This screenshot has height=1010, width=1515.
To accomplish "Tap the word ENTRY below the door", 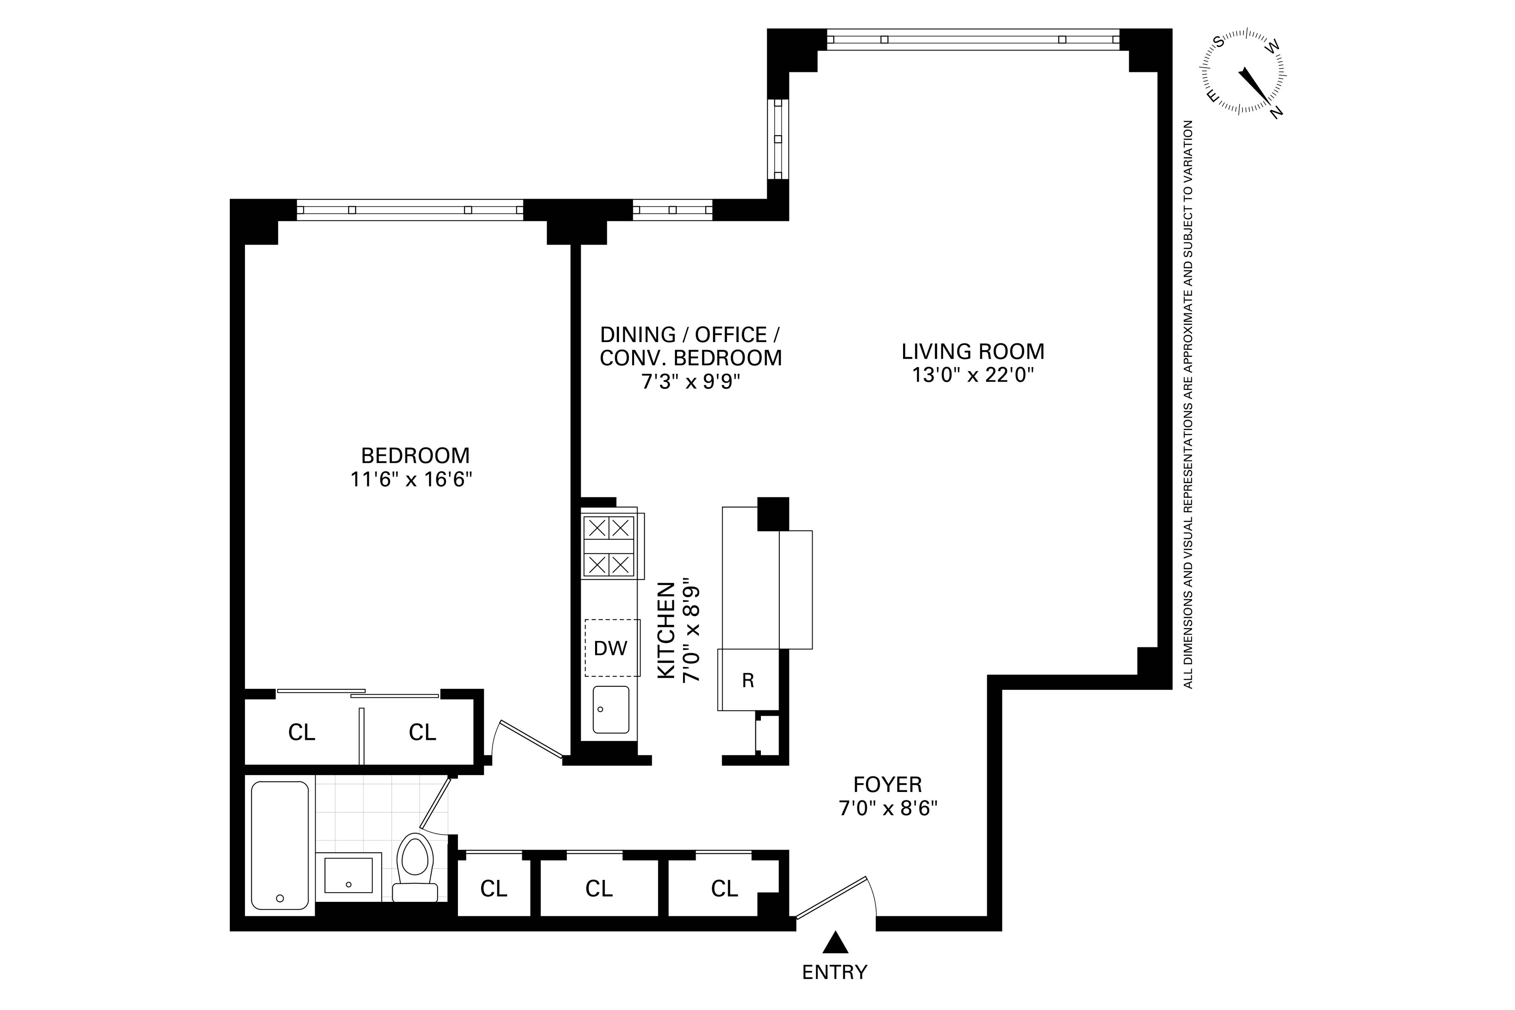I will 835,972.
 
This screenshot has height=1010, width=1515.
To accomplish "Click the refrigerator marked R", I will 748,680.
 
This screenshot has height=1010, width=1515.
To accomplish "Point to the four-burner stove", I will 609,547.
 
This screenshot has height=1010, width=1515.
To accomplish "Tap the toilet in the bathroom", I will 415,867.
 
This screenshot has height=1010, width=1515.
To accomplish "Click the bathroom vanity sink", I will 348,875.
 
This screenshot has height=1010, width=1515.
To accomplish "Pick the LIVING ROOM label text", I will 973,352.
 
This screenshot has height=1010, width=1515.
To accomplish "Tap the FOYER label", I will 888,784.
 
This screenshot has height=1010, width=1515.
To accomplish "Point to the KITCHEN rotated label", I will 666,630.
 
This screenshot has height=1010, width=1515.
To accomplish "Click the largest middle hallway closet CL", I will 598,889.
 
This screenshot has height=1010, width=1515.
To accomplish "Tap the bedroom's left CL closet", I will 301,732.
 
